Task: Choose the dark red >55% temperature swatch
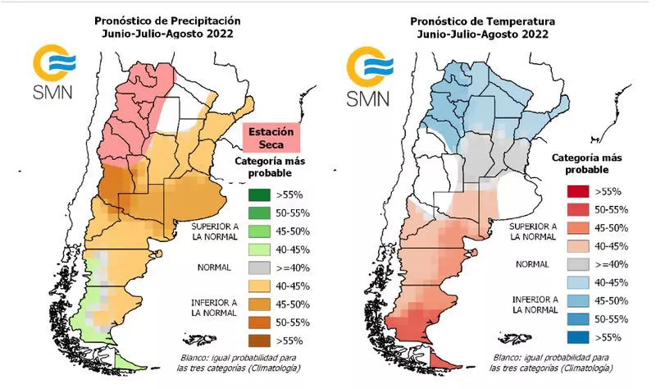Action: pos(575,191)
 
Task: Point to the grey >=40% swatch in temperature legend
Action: pos(575,263)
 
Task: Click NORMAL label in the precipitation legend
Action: pos(212,268)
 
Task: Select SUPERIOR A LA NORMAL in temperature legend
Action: pos(531,231)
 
